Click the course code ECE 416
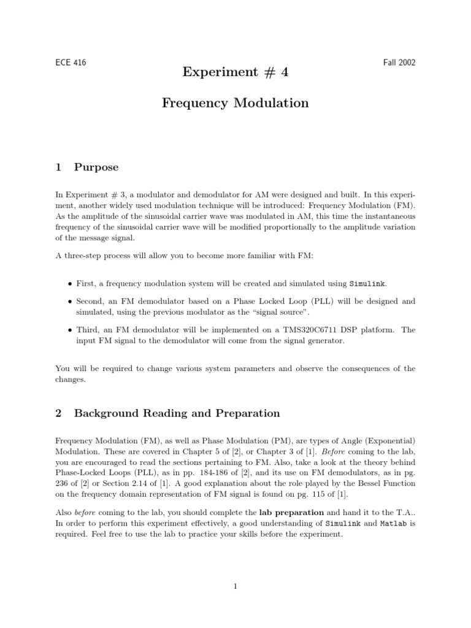tap(70, 63)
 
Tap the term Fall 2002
tap(399, 63)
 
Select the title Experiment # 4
tap(235, 72)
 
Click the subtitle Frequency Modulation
tap(235, 103)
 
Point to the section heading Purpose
tap(96, 167)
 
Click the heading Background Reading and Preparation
tap(177, 413)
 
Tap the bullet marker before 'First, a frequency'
tap(69, 284)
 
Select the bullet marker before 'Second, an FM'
tap(69, 302)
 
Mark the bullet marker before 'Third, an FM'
tap(69, 330)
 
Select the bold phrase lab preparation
tap(292, 511)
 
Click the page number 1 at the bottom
tap(235, 586)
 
